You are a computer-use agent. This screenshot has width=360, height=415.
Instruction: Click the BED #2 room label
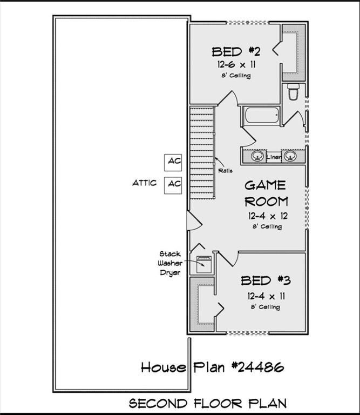[x=236, y=52]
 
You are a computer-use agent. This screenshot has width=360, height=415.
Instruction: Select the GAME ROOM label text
[x=266, y=193]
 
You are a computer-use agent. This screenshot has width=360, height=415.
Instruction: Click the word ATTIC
[x=145, y=183]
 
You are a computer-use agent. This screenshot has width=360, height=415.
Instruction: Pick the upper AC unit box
[x=174, y=161]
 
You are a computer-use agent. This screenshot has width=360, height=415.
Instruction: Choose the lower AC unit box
[x=174, y=184]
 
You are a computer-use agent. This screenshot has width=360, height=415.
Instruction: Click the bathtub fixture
[x=261, y=115]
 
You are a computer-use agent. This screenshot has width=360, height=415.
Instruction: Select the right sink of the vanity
[x=291, y=156]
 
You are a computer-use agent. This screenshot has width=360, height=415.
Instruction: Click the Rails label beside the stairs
[x=226, y=171]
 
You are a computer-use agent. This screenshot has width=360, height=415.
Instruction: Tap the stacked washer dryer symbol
[x=204, y=264]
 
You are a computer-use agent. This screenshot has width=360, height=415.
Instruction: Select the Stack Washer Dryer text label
[x=169, y=263]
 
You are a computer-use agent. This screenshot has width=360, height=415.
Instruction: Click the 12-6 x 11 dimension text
[x=237, y=64]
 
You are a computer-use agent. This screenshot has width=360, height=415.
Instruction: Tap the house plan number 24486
[x=212, y=368]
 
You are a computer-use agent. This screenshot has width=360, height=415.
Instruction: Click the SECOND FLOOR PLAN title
[x=207, y=403]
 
